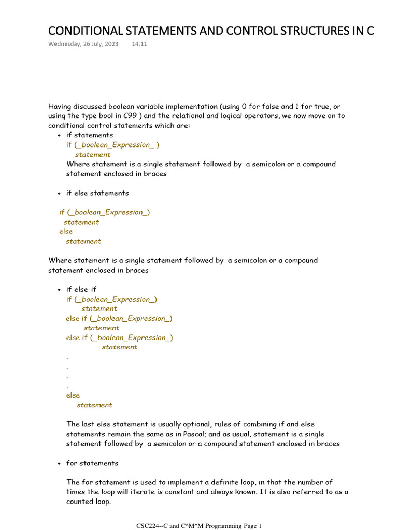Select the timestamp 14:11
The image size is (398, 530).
(139, 44)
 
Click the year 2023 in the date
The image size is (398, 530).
(111, 44)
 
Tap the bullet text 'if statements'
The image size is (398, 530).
(89, 135)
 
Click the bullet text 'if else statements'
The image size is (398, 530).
(97, 193)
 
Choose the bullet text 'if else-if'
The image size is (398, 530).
(81, 289)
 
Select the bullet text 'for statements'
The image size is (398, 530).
(92, 463)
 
